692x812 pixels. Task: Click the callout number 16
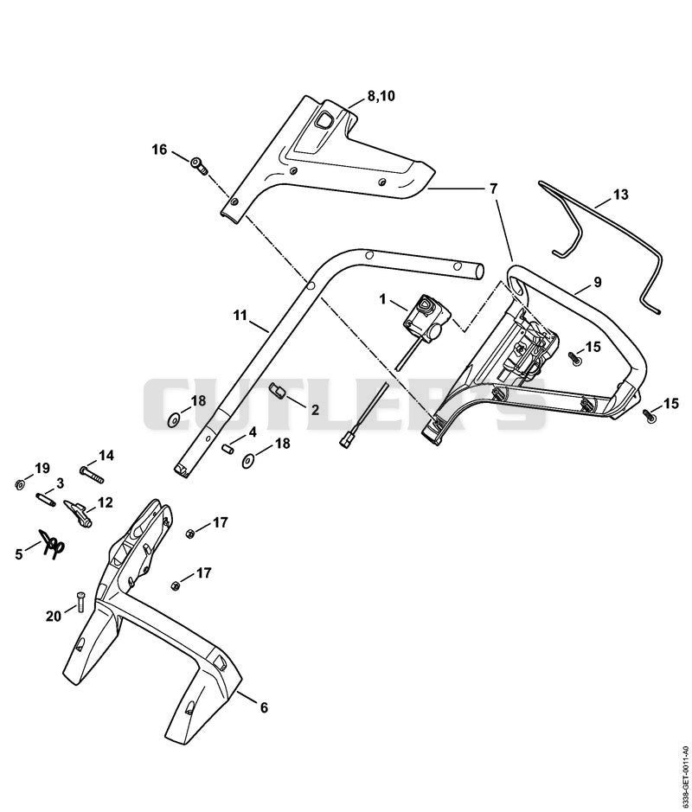pos(159,150)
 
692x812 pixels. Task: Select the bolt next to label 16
pos(200,166)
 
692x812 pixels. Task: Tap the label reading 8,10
pos(381,96)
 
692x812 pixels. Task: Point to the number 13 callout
pos(620,195)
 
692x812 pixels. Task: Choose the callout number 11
pos(240,315)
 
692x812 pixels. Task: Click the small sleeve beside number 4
pos(227,448)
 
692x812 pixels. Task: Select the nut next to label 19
pos(19,485)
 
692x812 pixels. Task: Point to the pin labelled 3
pos(45,500)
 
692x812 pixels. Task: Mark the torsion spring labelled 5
pos(52,544)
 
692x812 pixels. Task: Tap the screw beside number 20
pos(80,602)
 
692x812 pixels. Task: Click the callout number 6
pos(264,707)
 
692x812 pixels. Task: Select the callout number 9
pos(597,283)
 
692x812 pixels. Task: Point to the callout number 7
pos(493,188)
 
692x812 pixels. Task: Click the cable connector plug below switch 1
pos(345,442)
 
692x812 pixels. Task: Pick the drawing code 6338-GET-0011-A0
pos(686,765)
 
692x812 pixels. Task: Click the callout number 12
pos(105,502)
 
